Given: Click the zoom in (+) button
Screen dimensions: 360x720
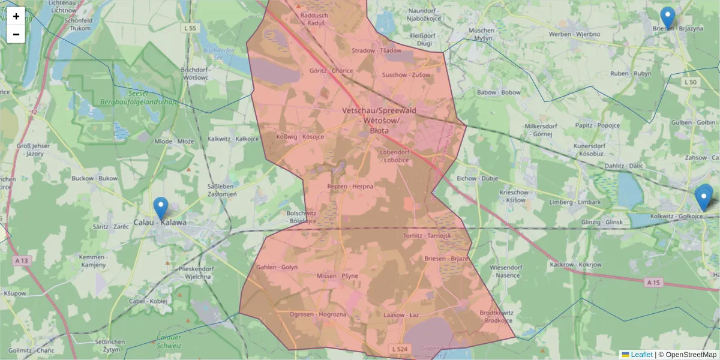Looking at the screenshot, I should [16, 16].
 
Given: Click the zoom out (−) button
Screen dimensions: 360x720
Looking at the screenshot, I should [16, 34].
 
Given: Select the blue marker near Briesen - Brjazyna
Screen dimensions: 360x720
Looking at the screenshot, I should [667, 18].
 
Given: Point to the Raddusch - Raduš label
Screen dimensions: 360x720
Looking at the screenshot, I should [312, 19].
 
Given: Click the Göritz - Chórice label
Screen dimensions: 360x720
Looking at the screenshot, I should [331, 70].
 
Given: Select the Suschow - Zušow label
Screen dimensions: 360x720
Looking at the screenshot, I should [406, 75].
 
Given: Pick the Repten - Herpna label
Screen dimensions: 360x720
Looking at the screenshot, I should [350, 187].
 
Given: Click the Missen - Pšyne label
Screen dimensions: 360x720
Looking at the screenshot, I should [337, 276].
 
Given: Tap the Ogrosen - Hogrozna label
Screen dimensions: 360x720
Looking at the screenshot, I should [317, 314].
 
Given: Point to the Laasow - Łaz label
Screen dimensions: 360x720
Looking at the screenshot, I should [401, 314].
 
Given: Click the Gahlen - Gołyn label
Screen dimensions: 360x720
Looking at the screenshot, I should [277, 267].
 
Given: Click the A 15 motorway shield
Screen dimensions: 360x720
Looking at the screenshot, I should [653, 282].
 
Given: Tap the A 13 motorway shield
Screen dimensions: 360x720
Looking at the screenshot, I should [21, 260].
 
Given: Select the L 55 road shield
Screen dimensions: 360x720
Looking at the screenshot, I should [191, 28].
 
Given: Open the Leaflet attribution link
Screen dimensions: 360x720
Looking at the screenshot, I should [641, 355].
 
